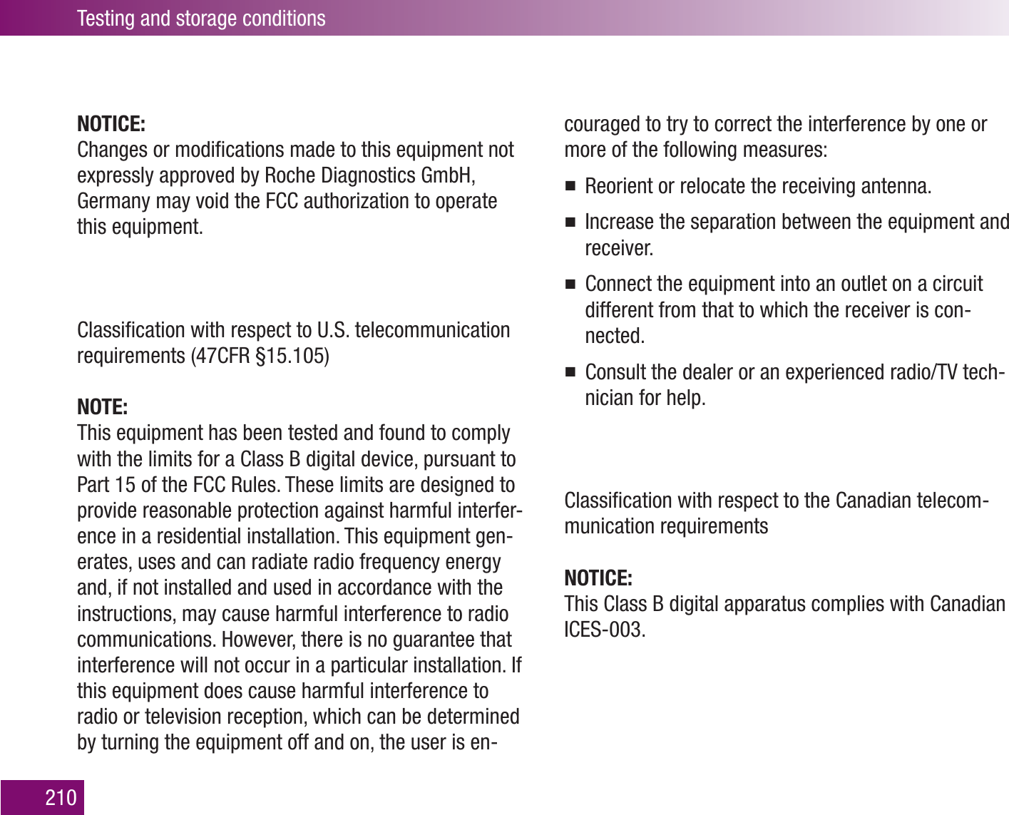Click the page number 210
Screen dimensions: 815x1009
(61, 797)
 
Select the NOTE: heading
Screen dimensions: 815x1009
(102, 407)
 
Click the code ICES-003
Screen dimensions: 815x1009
(605, 630)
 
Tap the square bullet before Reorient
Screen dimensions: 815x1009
(570, 188)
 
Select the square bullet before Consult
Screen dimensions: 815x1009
(570, 373)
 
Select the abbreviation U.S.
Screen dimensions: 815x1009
(332, 330)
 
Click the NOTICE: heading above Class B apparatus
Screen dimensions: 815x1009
(598, 578)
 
